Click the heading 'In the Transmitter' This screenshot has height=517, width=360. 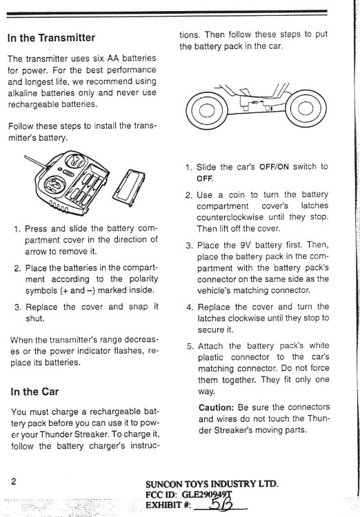(51, 38)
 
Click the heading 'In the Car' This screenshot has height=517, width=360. (34, 392)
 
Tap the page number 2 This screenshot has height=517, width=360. (14, 481)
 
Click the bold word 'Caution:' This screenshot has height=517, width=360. (216, 407)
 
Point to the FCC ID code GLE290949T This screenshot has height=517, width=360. (207, 494)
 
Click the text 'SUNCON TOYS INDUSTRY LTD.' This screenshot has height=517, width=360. (212, 484)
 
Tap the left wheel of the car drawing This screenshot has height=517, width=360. (207, 110)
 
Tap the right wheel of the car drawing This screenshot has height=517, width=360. (306, 108)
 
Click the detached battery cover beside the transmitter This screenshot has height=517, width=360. (129, 187)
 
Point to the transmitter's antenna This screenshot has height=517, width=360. (37, 162)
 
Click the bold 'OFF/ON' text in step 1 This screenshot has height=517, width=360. (274, 167)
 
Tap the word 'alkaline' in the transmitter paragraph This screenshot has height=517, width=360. (22, 93)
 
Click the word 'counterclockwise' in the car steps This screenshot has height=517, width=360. (230, 217)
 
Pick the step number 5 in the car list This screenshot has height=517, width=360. (190, 346)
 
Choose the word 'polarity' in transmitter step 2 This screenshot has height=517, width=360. (143, 280)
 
